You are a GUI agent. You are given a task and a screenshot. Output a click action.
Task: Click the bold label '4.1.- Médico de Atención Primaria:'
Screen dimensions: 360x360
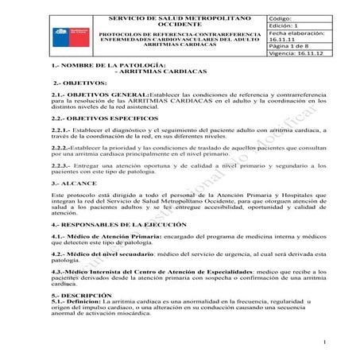[99, 259]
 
